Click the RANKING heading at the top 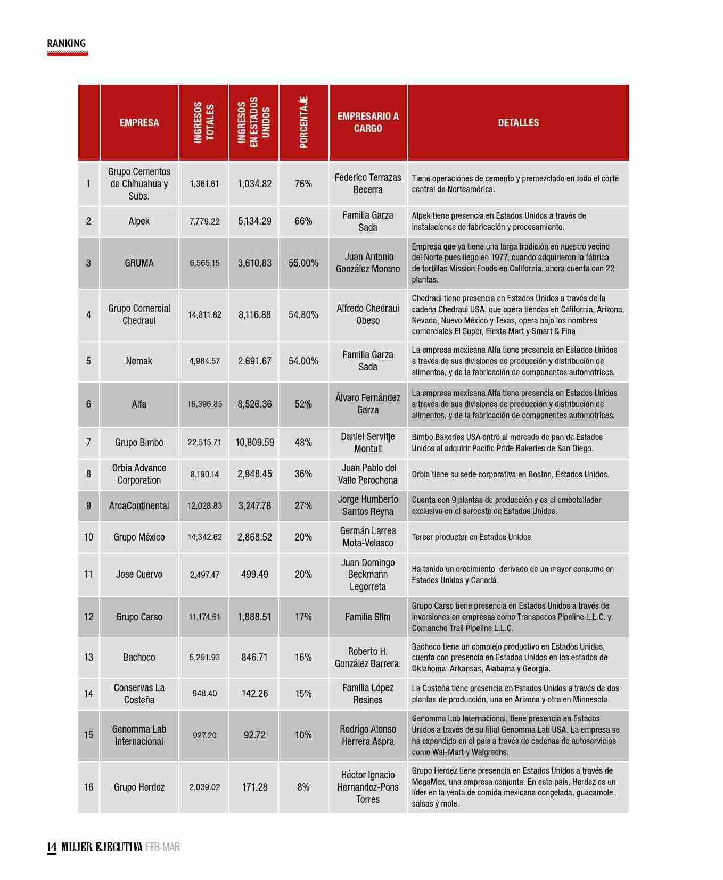[x=66, y=44]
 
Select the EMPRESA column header [x=139, y=122]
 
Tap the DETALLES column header [x=518, y=122]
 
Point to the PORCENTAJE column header [x=303, y=122]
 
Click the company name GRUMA [x=139, y=263]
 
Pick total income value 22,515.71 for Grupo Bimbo [x=204, y=443]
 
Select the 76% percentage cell [x=303, y=184]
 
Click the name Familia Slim [x=367, y=617]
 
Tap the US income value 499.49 [x=254, y=575]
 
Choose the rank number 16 [x=88, y=787]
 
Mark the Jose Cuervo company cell [x=139, y=575]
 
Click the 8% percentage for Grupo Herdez [x=303, y=787]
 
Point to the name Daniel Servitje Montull [x=367, y=443]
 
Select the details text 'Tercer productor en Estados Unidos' [x=471, y=537]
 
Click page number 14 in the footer [x=52, y=846]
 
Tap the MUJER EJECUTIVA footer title [x=102, y=846]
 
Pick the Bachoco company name [x=139, y=658]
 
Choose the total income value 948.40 [x=204, y=694]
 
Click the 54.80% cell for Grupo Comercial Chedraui [x=303, y=315]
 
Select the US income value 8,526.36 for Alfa [x=254, y=404]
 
